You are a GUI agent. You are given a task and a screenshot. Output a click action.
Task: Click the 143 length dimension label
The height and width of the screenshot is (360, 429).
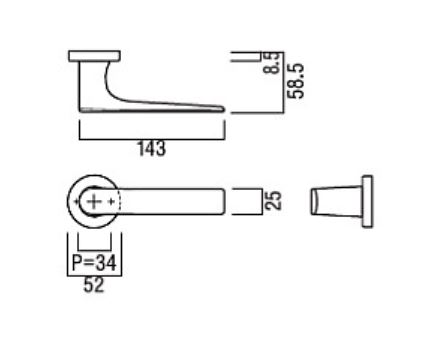pyautogui.click(x=152, y=149)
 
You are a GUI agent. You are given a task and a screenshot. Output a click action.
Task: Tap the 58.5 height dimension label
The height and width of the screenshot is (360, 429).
pyautogui.click(x=296, y=81)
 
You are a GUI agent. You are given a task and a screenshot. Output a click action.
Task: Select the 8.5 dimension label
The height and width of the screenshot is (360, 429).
pyautogui.click(x=271, y=63)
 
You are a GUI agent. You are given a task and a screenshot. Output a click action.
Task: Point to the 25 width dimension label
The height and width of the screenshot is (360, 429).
pyautogui.click(x=274, y=200)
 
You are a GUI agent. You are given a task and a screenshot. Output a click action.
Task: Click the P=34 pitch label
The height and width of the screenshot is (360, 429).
pyautogui.click(x=94, y=262)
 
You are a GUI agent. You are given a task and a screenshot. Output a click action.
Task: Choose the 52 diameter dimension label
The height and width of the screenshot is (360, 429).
pyautogui.click(x=94, y=285)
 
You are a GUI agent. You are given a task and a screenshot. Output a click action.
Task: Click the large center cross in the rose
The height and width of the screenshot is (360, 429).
pyautogui.click(x=94, y=201)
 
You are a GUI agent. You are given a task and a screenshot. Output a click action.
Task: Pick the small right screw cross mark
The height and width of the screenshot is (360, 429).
pyautogui.click(x=112, y=201)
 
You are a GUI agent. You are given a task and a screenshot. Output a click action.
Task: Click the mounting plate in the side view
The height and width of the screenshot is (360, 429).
pyautogui.click(x=94, y=56)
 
